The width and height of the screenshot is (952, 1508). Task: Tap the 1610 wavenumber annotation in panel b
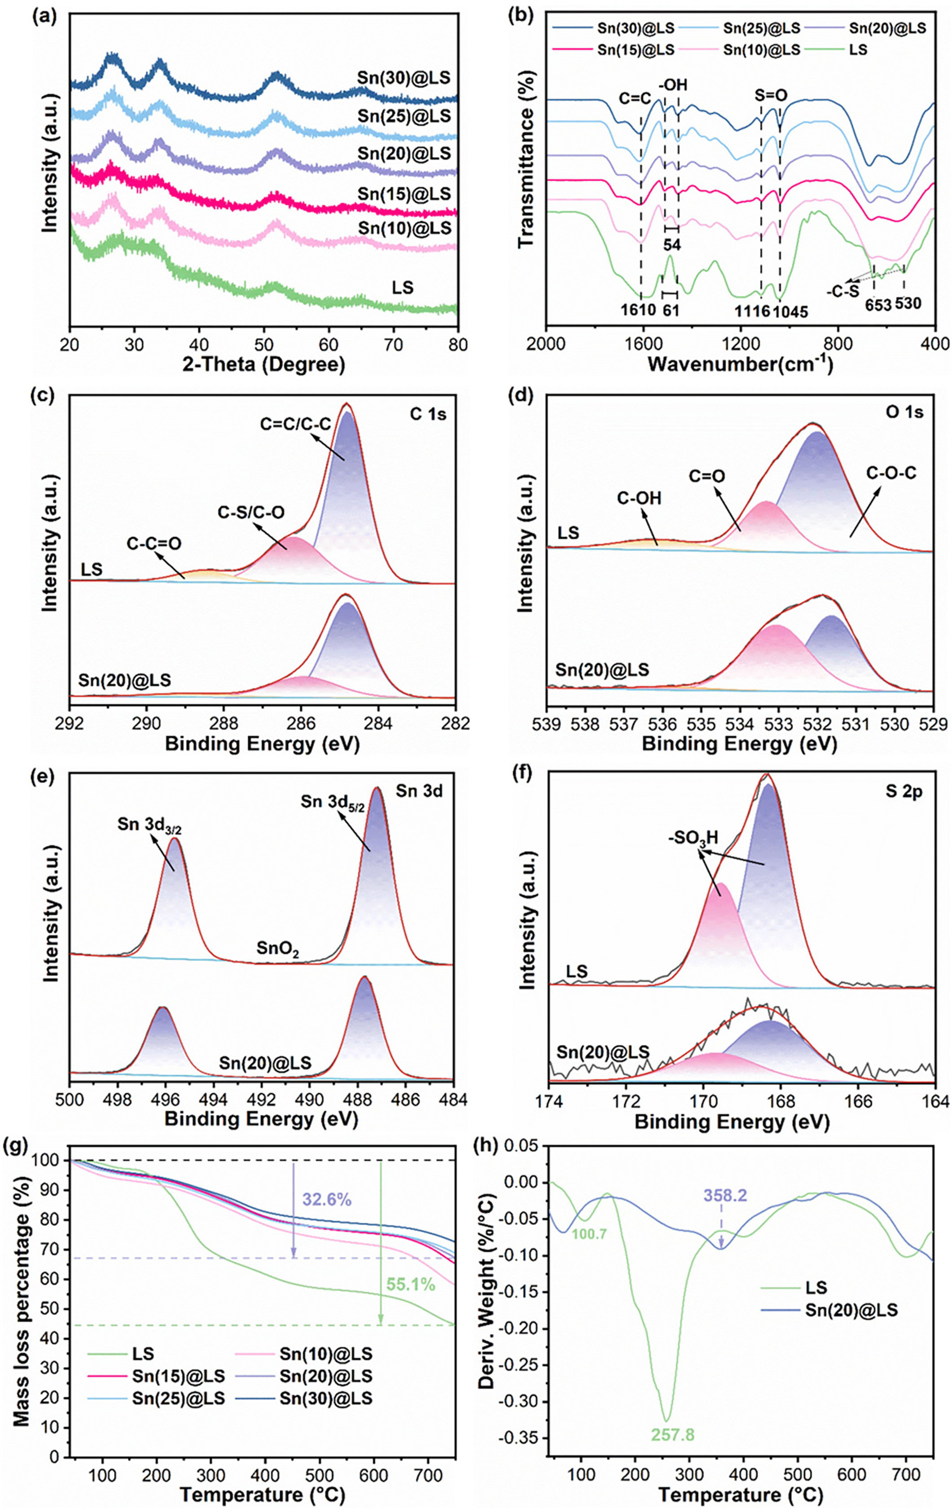638,310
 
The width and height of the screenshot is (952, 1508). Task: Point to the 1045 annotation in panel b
790,311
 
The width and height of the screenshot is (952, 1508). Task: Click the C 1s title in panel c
428,413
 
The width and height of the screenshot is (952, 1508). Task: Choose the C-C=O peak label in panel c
154,544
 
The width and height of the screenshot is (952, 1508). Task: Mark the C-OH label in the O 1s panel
639,499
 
